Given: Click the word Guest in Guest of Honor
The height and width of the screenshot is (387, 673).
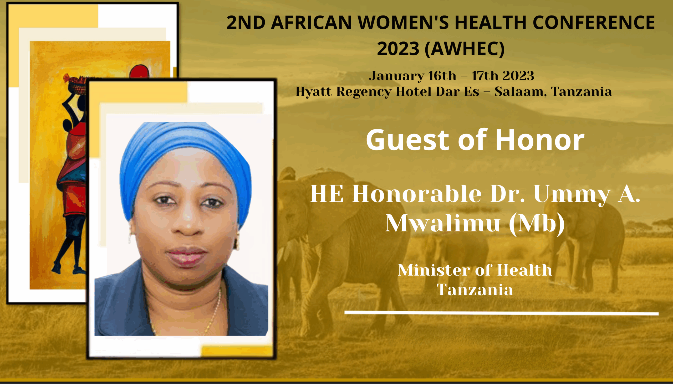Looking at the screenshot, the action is click(408, 140).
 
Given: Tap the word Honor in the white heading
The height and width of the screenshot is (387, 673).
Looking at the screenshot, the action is click(540, 140).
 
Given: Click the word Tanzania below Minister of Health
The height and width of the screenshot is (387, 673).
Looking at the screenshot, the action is click(475, 290).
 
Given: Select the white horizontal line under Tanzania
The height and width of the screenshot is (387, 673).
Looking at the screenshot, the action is click(502, 313).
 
